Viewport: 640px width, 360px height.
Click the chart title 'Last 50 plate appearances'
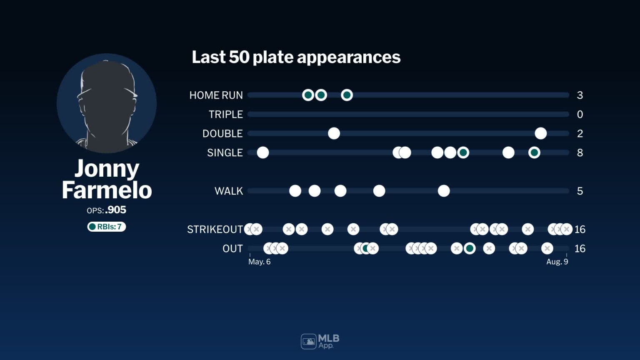(x=296, y=57)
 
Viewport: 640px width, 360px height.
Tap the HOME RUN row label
(x=216, y=95)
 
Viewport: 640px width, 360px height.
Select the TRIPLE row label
(x=225, y=115)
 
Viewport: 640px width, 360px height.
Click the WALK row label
(x=228, y=191)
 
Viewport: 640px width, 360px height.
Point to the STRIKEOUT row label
(x=215, y=230)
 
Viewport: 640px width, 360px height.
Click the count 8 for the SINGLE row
(x=580, y=153)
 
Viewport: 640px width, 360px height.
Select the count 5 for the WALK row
(x=580, y=191)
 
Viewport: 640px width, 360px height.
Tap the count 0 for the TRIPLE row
(x=580, y=115)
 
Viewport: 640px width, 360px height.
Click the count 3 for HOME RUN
(x=580, y=95)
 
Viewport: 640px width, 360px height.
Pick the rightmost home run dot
(x=347, y=95)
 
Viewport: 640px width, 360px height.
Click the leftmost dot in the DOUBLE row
(x=334, y=133)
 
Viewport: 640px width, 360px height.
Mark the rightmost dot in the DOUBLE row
(x=540, y=133)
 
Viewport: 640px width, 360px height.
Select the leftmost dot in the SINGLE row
(x=263, y=152)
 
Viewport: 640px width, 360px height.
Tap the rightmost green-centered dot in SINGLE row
(x=534, y=152)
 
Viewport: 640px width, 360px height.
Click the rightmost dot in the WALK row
(x=444, y=191)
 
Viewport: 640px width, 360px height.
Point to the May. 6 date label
(x=259, y=262)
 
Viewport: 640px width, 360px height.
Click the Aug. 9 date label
(x=557, y=262)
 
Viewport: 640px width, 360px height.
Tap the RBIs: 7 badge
(x=107, y=227)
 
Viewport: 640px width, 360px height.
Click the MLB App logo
(x=320, y=342)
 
